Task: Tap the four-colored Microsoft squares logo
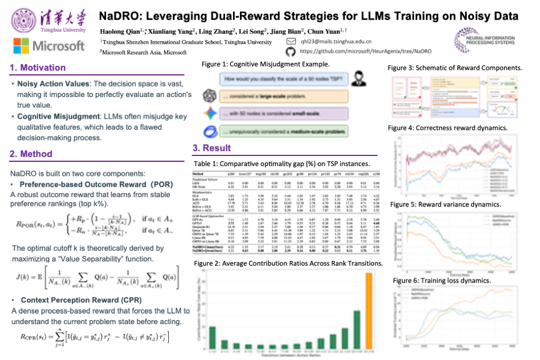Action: (22, 45)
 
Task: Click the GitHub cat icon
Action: (290, 52)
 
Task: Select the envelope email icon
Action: (291, 41)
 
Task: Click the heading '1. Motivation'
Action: (38, 67)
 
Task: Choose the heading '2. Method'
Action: (32, 154)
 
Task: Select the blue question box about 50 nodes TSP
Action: (282, 80)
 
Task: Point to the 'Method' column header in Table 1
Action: (199, 173)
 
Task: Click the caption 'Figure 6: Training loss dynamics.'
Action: (442, 280)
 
